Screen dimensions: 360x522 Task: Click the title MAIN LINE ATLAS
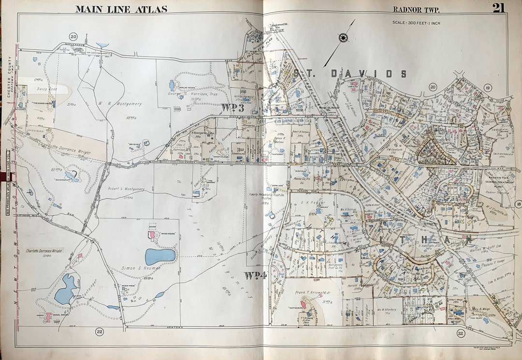(121, 9)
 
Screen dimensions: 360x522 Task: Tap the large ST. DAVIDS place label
(349, 73)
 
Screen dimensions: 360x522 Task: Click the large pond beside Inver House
(159, 257)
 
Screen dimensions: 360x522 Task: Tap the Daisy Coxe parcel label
(46, 89)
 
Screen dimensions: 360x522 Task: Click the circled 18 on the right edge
(518, 204)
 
